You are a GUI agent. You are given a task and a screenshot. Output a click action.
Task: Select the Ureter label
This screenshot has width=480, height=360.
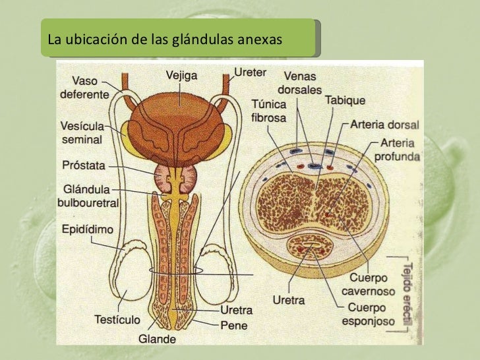[x=250, y=70]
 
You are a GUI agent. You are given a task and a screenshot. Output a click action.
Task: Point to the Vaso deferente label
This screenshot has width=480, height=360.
[x=84, y=88]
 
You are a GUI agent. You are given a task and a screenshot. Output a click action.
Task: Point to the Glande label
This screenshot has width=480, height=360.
[x=156, y=340]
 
